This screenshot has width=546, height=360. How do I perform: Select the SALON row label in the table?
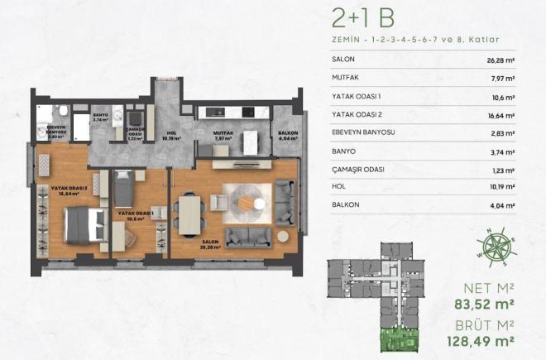[342, 60]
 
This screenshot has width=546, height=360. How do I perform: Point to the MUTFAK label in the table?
[345, 79]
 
